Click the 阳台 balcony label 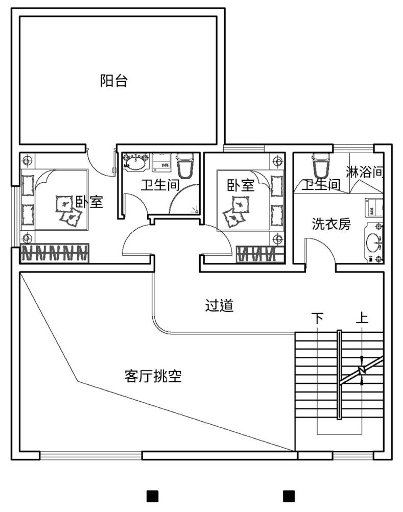114,81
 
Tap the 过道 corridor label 219,305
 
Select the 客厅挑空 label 153,376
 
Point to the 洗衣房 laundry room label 331,224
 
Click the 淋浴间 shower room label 364,172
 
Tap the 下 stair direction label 317,318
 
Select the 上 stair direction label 362,318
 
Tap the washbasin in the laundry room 373,242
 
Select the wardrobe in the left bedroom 55,253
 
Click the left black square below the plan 153,496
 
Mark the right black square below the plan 289,496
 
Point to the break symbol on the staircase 362,370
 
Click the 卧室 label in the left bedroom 89,202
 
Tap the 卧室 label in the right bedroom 241,185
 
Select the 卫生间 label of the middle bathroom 160,185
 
